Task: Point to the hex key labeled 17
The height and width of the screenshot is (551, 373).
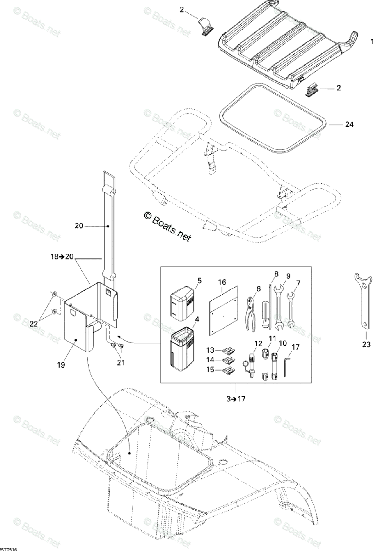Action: [x=287, y=368]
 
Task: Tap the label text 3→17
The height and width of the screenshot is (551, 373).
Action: [x=236, y=399]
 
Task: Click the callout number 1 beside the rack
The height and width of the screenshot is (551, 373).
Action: [x=370, y=42]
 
